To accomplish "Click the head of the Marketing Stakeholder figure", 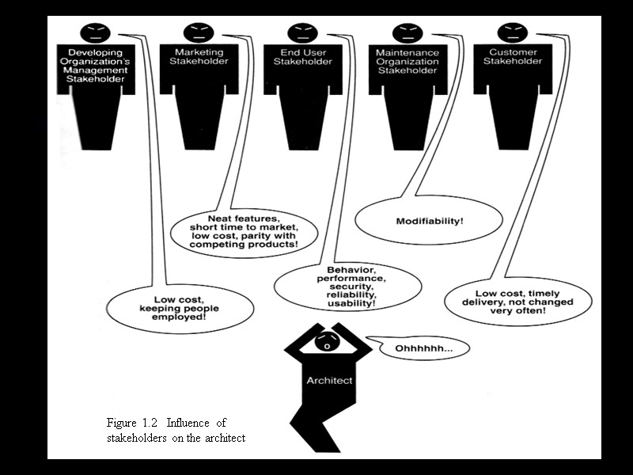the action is tap(199, 33).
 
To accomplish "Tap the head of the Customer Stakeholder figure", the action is tap(511, 33).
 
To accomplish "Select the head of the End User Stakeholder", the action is tap(302, 33).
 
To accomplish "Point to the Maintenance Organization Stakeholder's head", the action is tap(407, 33).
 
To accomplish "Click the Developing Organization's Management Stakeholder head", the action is tap(95, 33).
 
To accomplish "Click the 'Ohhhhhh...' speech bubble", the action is tap(420, 348).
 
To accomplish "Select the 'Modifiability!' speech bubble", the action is tap(430, 219).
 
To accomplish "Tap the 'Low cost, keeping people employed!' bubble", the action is tap(180, 306).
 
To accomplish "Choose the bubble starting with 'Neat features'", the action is tap(244, 231).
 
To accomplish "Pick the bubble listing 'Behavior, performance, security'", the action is tap(346, 286).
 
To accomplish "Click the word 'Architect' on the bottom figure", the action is tap(329, 381).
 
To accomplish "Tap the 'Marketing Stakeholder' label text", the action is tap(199, 56).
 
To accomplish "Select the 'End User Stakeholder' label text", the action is tap(303, 56).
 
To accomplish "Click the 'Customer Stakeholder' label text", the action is tap(511, 56).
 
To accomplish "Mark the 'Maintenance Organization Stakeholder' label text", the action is tap(407, 61).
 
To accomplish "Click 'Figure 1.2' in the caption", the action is tap(135, 423).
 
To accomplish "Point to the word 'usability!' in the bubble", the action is tap(346, 303).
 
